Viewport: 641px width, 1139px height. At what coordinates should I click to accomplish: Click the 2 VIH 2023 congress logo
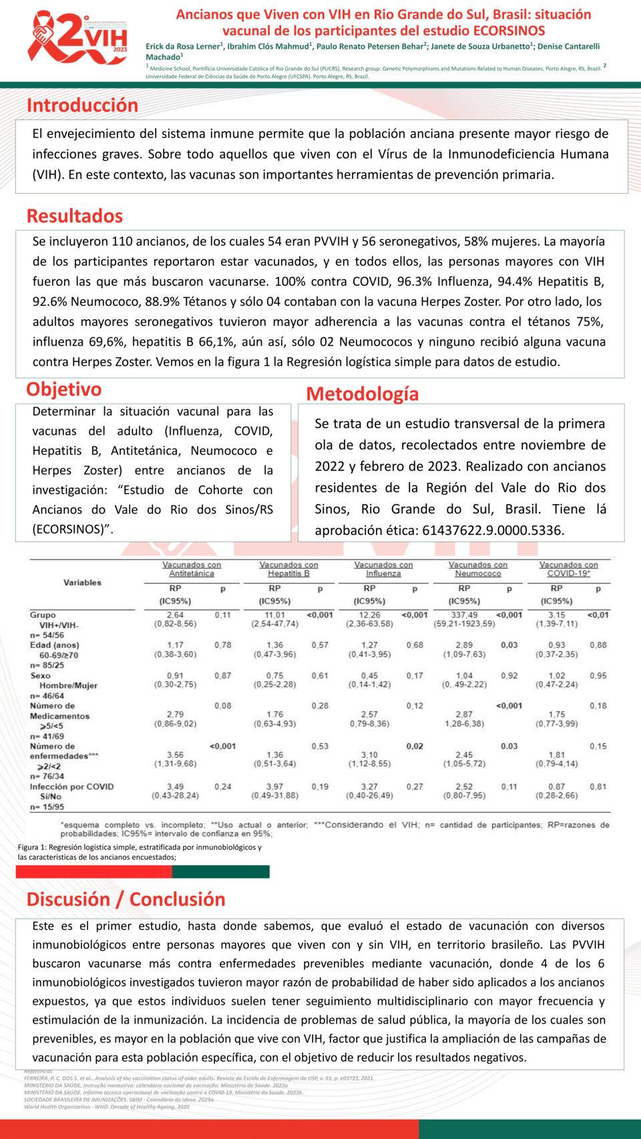pos(77,39)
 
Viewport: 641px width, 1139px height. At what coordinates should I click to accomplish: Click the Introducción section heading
pos(82,105)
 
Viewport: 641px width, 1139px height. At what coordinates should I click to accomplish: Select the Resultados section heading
pos(75,216)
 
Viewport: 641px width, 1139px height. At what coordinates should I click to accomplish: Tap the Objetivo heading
pos(64,389)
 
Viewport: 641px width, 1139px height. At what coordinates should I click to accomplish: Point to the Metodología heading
pos(363,394)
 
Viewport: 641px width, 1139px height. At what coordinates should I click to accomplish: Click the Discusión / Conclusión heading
pos(126,899)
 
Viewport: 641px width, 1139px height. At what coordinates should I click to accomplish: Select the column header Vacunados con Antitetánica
pos(192,569)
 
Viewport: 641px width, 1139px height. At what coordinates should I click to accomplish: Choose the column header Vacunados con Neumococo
pos(478,569)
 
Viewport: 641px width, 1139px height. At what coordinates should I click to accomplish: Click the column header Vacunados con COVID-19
pos(569,569)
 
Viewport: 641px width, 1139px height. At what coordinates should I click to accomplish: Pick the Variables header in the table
pos(82,583)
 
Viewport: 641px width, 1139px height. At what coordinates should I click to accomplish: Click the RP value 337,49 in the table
pos(464,615)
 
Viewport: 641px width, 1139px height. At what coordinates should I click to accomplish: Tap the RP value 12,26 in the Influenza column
pos(369,615)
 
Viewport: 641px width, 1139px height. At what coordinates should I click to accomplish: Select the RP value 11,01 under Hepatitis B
pos(274,615)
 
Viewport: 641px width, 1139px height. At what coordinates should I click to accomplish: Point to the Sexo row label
pos(40,676)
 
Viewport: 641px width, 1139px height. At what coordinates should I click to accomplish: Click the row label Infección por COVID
pos(71,786)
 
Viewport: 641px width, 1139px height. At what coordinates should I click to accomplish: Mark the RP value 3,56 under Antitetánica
pos(175,755)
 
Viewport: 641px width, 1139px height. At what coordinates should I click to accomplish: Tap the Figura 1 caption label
pos(33,847)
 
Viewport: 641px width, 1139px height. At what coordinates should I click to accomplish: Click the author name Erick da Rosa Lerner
pos(183,47)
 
